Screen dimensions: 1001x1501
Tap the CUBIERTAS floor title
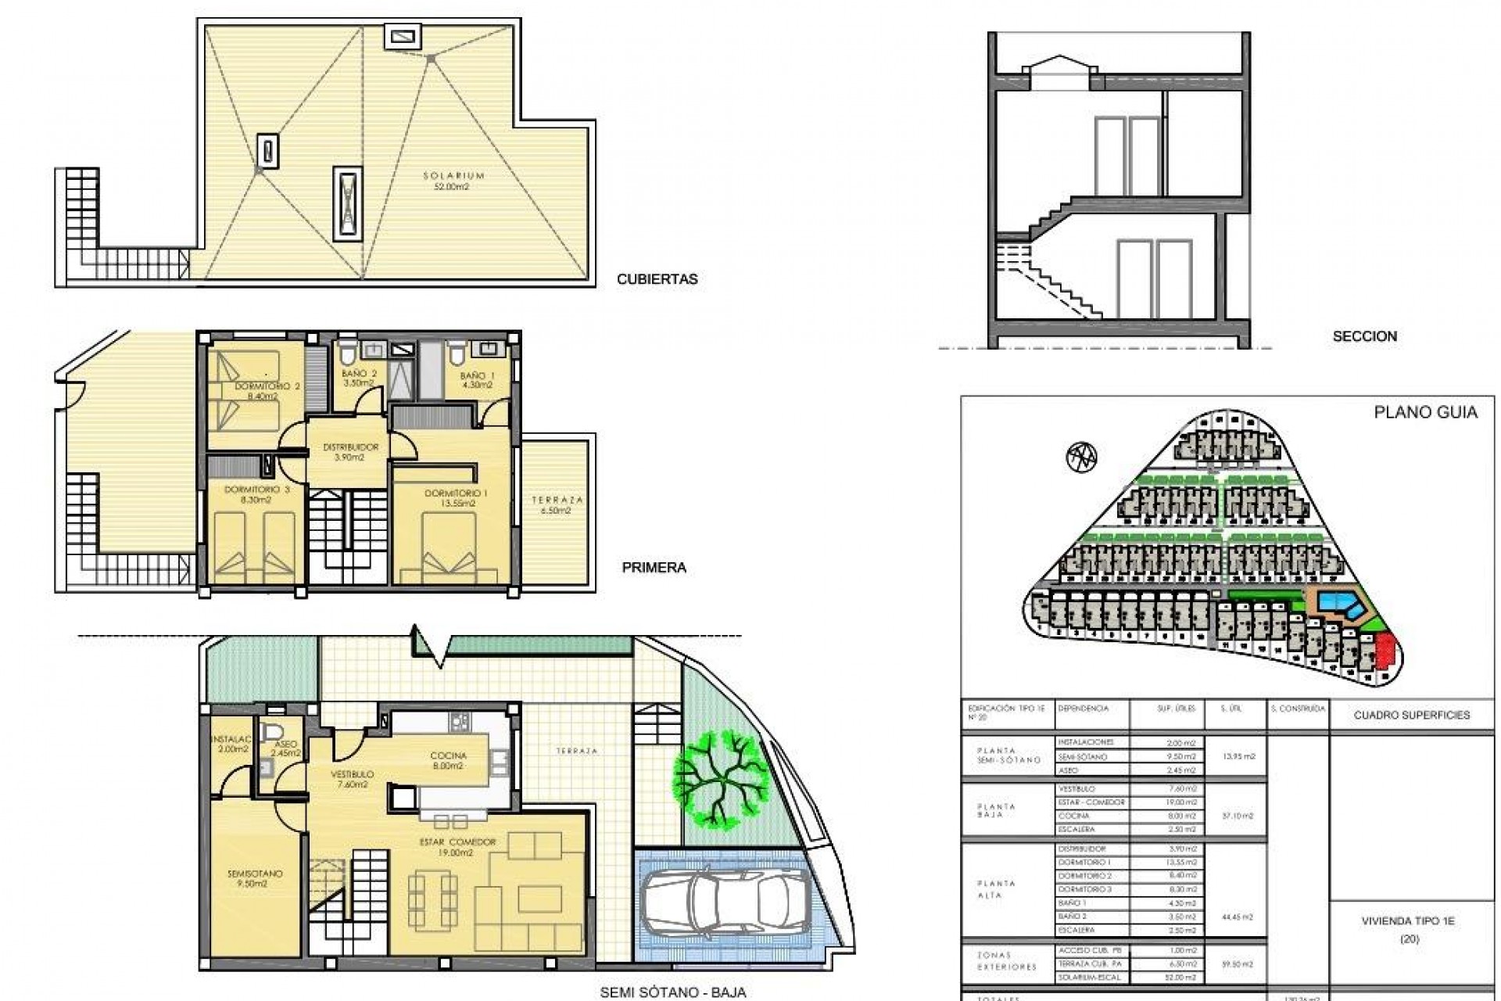pyautogui.click(x=657, y=279)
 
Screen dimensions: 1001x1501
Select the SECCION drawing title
pyautogui.click(x=1364, y=336)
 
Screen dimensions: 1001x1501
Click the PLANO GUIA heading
pyautogui.click(x=1425, y=413)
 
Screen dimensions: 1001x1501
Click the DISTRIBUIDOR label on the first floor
pyautogui.click(x=351, y=448)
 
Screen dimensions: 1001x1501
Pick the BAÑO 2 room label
pyautogui.click(x=359, y=375)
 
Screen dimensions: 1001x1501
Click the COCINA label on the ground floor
pyautogui.click(x=449, y=756)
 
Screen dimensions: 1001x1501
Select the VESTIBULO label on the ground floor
pyautogui.click(x=353, y=774)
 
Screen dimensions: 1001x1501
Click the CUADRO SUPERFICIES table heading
pyautogui.click(x=1411, y=715)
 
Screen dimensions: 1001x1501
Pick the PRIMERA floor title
pyautogui.click(x=654, y=568)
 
